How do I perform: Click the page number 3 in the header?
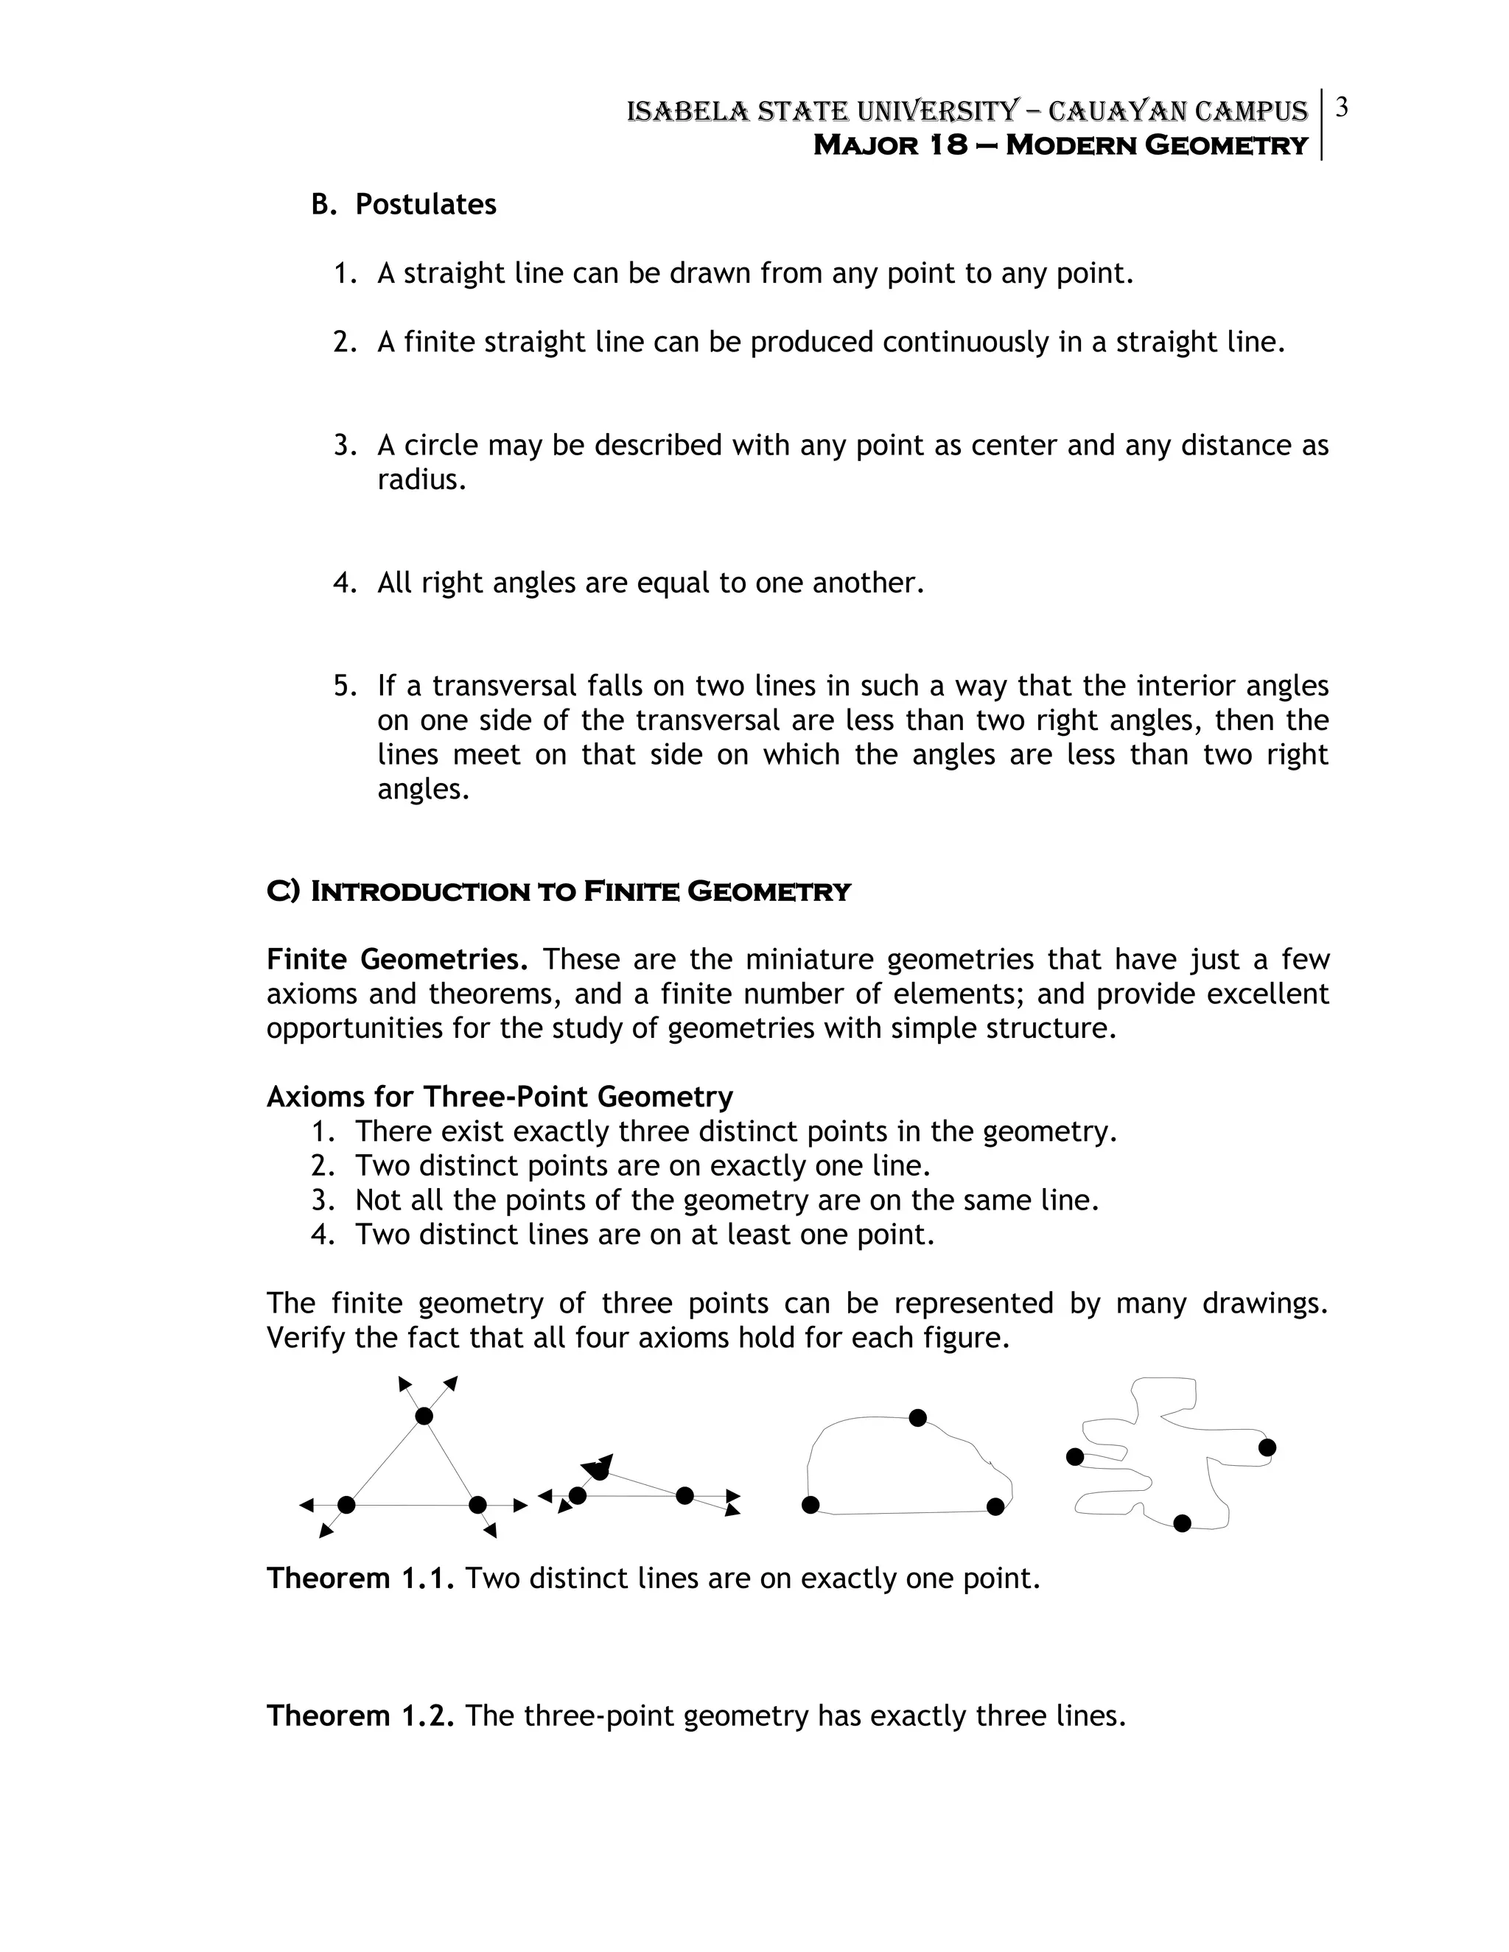click(1341, 108)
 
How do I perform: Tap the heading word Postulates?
click(426, 205)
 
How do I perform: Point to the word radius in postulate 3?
click(420, 480)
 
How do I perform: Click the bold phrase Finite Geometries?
click(397, 960)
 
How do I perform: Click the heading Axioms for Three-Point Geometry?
click(499, 1097)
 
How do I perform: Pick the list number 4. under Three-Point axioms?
click(323, 1235)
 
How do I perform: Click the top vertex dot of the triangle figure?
click(424, 1416)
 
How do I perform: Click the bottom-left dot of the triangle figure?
click(347, 1505)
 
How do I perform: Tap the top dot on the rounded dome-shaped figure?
click(917, 1417)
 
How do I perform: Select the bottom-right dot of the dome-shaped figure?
click(995, 1507)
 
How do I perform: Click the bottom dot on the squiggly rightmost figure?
click(1182, 1523)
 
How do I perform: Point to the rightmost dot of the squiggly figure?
click(1267, 1447)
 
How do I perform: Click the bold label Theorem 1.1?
click(360, 1579)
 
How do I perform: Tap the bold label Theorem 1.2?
click(360, 1716)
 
